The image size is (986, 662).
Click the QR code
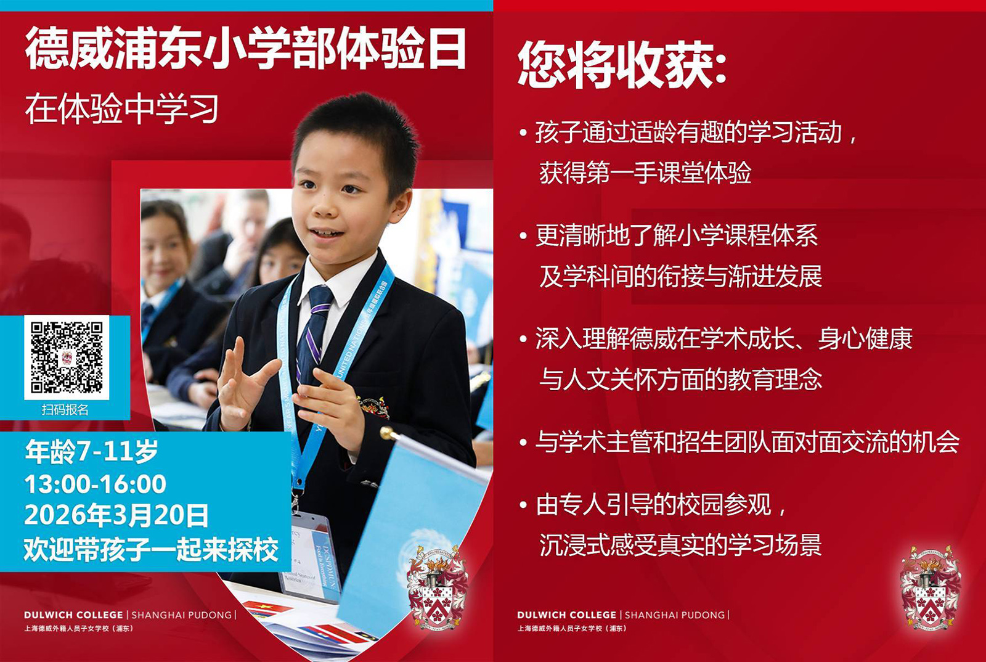[67, 357]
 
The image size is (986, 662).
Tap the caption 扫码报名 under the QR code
[65, 409]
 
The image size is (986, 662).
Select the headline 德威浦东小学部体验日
[245, 49]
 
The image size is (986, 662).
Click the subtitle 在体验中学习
[122, 109]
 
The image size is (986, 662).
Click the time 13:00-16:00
[96, 484]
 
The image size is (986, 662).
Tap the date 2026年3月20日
[116, 515]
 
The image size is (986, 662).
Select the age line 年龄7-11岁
[92, 451]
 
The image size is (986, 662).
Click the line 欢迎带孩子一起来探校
[151, 549]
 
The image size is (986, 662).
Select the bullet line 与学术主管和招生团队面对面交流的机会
[747, 441]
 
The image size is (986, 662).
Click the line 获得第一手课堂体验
[645, 173]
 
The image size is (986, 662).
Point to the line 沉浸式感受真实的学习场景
[680, 545]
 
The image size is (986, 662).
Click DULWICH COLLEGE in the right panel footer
[567, 615]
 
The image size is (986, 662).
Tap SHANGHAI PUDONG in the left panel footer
[182, 615]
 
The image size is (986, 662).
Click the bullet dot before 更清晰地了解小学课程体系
[523, 236]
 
